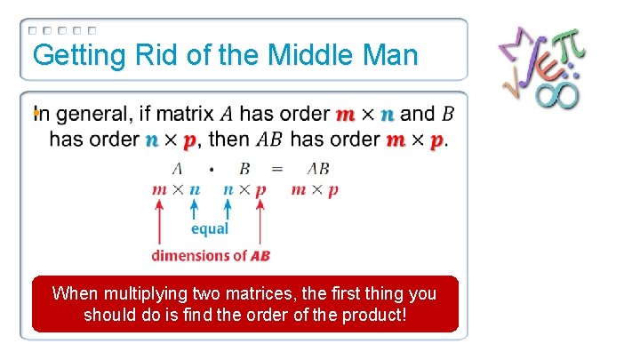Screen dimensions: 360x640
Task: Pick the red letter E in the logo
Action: pos(541,70)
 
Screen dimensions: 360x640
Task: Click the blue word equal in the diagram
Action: pos(210,228)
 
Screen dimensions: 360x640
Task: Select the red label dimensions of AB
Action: pos(211,255)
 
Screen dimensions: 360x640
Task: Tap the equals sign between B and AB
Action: pos(277,169)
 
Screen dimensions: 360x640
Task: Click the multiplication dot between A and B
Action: pos(211,169)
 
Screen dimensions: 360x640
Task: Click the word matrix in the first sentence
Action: pos(187,114)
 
